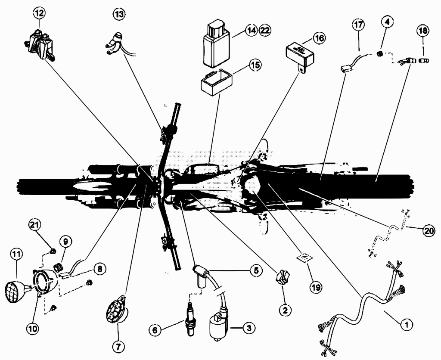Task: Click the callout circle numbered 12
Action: point(39,12)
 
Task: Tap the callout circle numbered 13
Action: point(119,14)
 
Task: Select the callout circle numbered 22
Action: point(265,30)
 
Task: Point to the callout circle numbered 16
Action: point(319,38)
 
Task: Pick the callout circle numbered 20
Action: point(429,231)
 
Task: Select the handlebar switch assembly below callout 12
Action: point(39,45)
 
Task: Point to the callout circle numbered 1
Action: point(406,325)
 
